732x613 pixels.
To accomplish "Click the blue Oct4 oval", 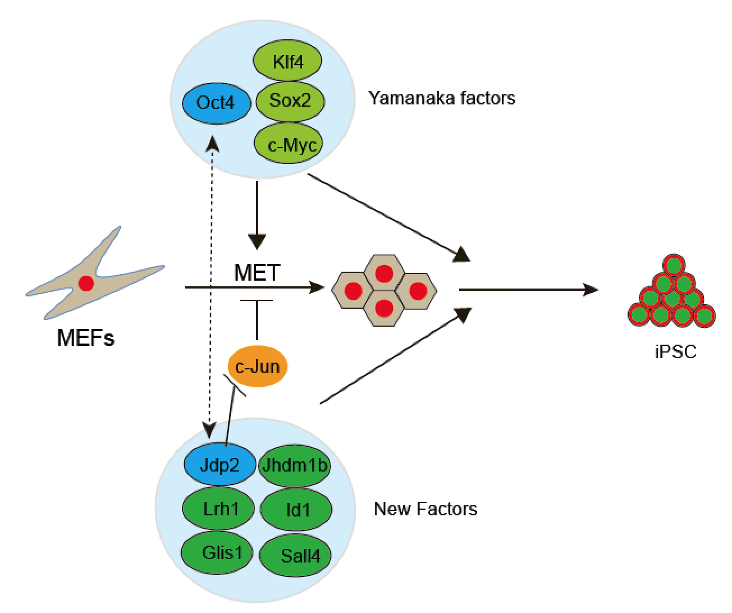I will coord(216,103).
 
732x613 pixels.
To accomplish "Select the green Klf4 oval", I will coord(288,61).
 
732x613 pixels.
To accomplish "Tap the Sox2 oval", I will coord(290,101).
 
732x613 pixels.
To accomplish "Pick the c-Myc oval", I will coord(289,145).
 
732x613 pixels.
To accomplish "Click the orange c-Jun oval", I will coord(257,367).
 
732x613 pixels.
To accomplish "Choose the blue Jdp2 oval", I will coord(219,465).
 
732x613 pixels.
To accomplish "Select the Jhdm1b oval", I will coord(294,465).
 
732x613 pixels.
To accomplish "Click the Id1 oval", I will coord(296,510).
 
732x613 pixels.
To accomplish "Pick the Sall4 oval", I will coord(296,555).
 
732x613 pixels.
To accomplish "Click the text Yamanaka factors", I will coord(442,98).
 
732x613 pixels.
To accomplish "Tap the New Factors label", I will coord(426,509).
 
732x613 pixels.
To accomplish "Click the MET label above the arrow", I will coord(257,273).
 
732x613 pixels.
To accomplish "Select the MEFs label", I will coord(86,338).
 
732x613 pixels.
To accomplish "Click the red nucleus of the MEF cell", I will coord(86,283).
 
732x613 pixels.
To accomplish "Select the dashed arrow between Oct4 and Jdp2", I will coord(211,286).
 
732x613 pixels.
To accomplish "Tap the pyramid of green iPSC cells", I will coord(671,295).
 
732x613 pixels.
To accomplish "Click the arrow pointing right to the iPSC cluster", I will coord(528,290).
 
